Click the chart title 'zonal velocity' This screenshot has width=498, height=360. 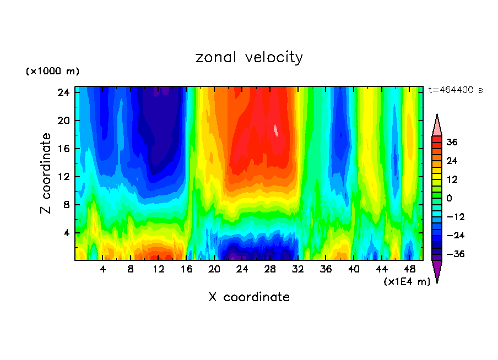pos(249,57)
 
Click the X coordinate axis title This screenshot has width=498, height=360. pos(249,297)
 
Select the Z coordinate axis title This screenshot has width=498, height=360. pos(46,173)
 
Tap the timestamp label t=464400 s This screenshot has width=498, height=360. pos(455,90)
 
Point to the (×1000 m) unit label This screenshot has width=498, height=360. pos(52,72)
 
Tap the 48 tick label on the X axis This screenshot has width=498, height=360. pos(410,269)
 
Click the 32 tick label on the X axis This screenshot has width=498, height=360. pos(298,269)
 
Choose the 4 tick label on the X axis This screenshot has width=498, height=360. pos(103,269)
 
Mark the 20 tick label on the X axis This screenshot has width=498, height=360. pos(214,269)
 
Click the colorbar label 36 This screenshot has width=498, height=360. pos(452,142)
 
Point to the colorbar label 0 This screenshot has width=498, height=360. pos(450,198)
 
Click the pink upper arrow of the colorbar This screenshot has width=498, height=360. pos(437,126)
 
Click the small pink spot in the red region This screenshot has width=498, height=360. pos(276,130)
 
